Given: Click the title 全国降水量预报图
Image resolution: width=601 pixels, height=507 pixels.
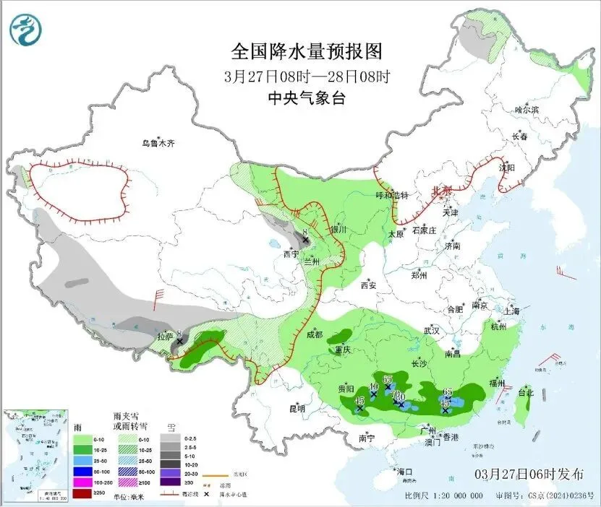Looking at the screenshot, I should [306, 52].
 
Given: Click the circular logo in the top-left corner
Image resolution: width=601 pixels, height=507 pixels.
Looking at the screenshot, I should [25, 30].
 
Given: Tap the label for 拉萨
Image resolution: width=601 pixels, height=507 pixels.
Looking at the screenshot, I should [166, 337].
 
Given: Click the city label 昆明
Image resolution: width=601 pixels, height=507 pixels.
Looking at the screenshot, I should [297, 409].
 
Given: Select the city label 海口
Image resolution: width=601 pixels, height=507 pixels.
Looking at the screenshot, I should [404, 472].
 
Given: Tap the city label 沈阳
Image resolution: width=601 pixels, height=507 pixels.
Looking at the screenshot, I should [507, 168].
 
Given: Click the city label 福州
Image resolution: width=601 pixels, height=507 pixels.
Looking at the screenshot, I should [497, 382].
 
